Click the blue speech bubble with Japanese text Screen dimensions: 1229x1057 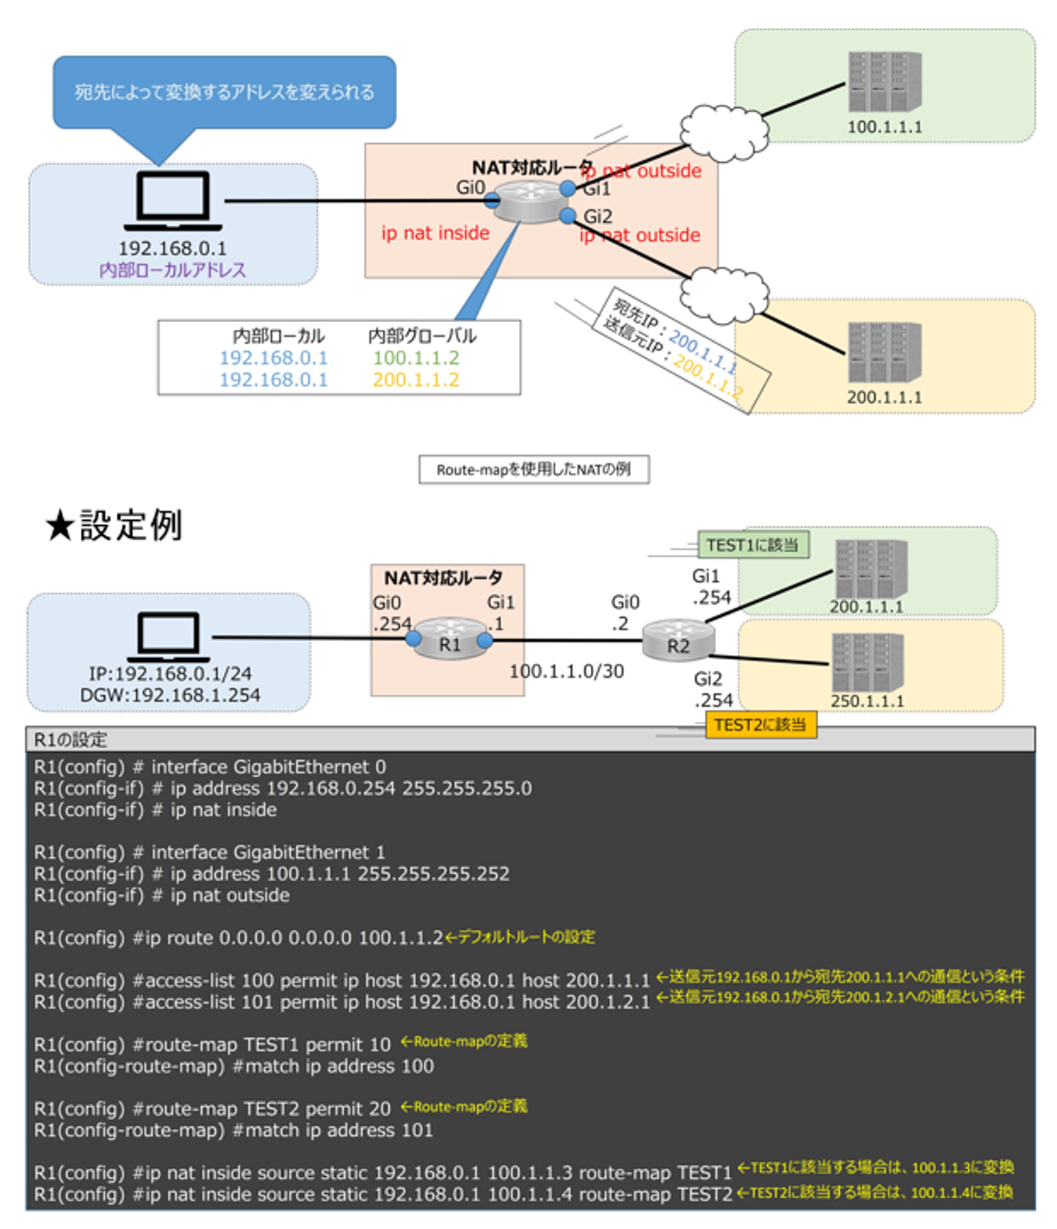[x=224, y=92]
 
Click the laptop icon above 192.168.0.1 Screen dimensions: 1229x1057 [x=173, y=200]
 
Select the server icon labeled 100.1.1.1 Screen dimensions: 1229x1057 [x=885, y=81]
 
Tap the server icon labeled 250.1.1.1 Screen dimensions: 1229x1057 [x=867, y=662]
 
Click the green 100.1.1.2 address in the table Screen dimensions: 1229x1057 [x=415, y=358]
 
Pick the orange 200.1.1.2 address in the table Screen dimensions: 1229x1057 [x=415, y=380]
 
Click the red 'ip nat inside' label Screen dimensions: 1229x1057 [x=435, y=233]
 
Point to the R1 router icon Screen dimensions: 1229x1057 [x=449, y=638]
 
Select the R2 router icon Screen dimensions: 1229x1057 [x=678, y=640]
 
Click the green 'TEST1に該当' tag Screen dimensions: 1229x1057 [x=752, y=545]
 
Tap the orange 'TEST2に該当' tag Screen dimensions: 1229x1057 [x=760, y=725]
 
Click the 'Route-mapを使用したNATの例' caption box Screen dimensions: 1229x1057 [x=534, y=470]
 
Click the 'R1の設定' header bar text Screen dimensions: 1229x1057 [x=70, y=740]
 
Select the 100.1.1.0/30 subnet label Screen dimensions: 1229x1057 [x=567, y=671]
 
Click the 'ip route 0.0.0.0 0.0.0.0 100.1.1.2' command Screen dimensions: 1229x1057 [x=294, y=938]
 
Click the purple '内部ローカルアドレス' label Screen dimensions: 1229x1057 [x=172, y=270]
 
